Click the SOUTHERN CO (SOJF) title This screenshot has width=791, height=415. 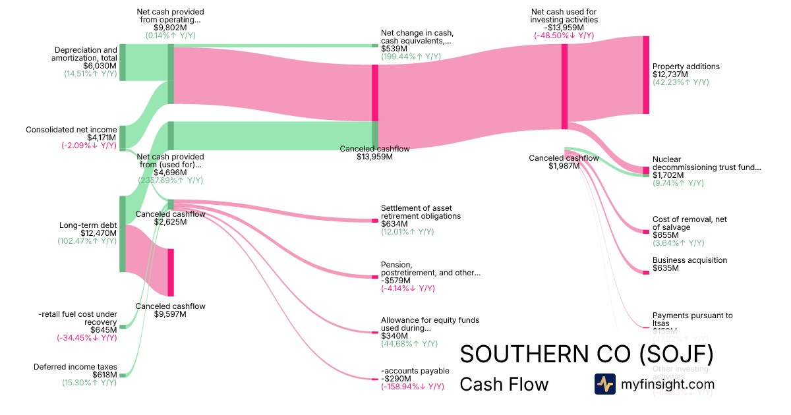(586, 354)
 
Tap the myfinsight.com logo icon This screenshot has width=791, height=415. (604, 384)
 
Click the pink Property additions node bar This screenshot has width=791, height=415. (646, 75)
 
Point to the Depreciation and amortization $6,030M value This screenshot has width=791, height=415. (100, 66)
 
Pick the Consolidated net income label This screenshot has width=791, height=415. (71, 130)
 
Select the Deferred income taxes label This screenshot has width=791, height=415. (75, 367)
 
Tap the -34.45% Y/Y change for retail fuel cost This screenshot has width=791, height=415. (90, 338)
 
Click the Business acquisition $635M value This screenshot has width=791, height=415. (666, 268)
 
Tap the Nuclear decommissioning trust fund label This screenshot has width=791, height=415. (706, 163)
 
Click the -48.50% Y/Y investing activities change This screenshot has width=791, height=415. (564, 36)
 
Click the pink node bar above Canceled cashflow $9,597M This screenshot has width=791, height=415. (171, 272)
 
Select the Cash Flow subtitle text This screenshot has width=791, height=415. (504, 384)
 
